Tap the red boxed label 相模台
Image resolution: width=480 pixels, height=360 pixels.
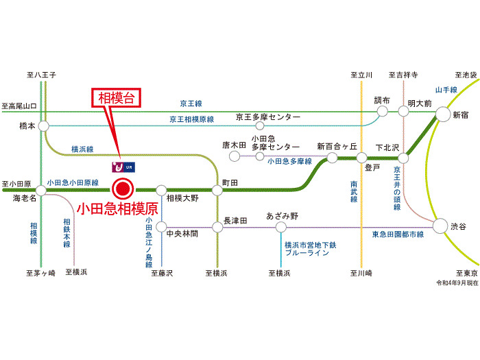117,99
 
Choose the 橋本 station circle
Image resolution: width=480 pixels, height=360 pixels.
44,126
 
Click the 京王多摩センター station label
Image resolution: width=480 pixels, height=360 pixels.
268,117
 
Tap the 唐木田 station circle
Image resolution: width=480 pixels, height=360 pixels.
235,156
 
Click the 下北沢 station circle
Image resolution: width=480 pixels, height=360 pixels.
403,158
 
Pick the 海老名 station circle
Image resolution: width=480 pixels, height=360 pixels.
42,191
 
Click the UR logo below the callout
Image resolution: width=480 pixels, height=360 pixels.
121,166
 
